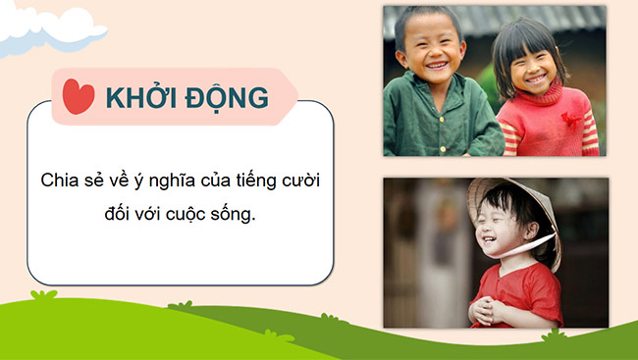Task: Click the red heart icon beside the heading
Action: point(78,96)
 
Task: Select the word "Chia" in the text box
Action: point(58,181)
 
